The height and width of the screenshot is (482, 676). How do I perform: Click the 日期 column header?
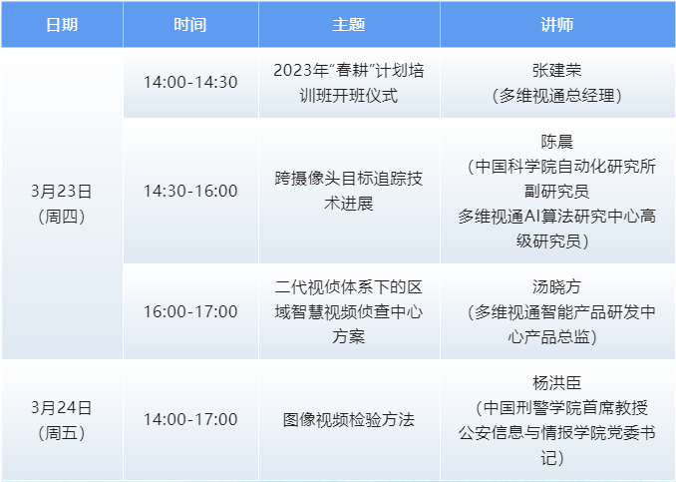click(61, 24)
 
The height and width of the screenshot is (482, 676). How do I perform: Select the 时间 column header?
click(189, 24)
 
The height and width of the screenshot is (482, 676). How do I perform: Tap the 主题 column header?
click(349, 24)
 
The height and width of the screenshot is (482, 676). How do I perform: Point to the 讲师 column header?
click(557, 24)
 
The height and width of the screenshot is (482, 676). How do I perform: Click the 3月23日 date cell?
click(61, 191)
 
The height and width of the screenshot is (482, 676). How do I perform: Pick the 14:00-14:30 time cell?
click(190, 82)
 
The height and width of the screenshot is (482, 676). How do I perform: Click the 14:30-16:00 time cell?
click(190, 191)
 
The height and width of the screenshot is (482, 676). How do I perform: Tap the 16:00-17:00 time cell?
click(190, 311)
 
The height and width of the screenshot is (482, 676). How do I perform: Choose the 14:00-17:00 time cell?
click(190, 419)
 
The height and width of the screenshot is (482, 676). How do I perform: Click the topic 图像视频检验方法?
click(349, 419)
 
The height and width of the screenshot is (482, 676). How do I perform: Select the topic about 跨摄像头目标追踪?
click(349, 191)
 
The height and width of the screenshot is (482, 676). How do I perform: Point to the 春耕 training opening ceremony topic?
click(349, 82)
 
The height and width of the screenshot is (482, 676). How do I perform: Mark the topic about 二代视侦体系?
click(349, 311)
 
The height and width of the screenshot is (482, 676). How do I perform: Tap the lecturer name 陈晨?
click(557, 143)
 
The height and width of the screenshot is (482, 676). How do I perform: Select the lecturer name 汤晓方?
click(557, 286)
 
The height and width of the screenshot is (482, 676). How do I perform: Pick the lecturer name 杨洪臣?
click(557, 382)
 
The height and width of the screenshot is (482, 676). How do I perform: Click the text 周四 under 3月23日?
click(61, 216)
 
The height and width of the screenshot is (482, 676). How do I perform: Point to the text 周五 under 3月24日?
click(61, 432)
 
